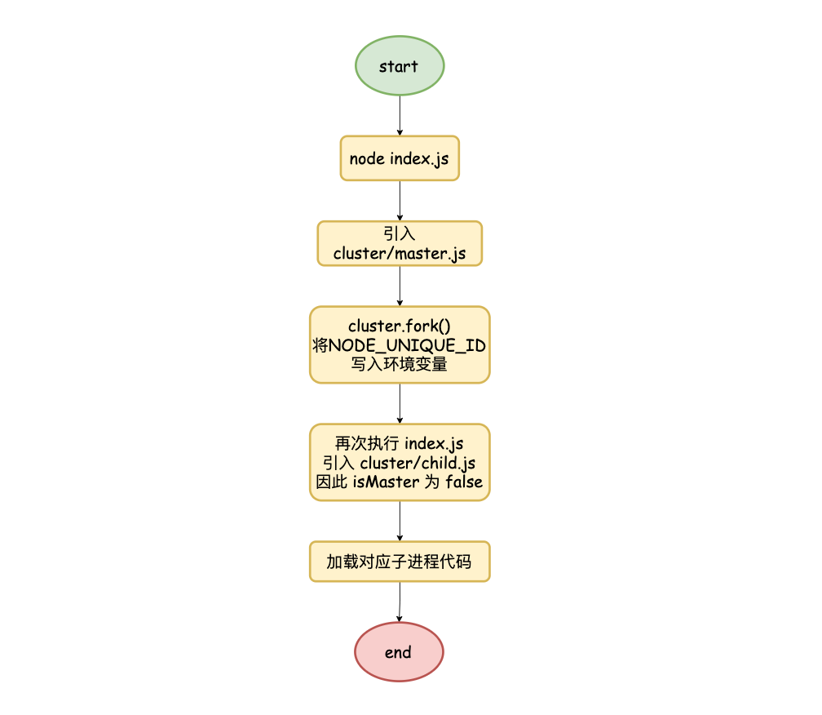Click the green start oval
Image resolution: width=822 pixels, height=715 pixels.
coord(400,65)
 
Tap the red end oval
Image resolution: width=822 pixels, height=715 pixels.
coord(399,652)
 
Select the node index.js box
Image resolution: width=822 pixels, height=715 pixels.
coord(400,158)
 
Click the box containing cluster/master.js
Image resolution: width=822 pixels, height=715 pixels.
coord(400,243)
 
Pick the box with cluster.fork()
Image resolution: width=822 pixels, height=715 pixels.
coord(400,344)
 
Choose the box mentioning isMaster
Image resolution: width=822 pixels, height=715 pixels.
coord(400,462)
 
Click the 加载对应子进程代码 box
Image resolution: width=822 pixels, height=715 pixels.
coord(400,562)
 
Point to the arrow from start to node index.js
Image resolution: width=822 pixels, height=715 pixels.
coord(400,116)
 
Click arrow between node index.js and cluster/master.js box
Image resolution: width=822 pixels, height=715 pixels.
coord(400,201)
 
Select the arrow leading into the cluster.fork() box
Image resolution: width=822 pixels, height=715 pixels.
coord(400,286)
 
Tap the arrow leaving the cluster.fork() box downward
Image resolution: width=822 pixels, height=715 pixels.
coord(400,403)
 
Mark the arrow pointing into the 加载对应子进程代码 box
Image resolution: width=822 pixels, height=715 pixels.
coord(400,521)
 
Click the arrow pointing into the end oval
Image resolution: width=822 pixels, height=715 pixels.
coord(400,602)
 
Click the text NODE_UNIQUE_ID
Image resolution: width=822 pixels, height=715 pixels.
coord(407,346)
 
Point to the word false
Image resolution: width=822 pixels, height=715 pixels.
coord(464,482)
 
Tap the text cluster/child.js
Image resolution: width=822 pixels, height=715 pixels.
coord(418,463)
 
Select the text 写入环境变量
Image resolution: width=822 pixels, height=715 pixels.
coord(399,364)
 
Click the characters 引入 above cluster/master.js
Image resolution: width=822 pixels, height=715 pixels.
coord(399,233)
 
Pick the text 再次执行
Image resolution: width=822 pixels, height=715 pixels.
coord(367,444)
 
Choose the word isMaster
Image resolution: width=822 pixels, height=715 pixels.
coord(386,482)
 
